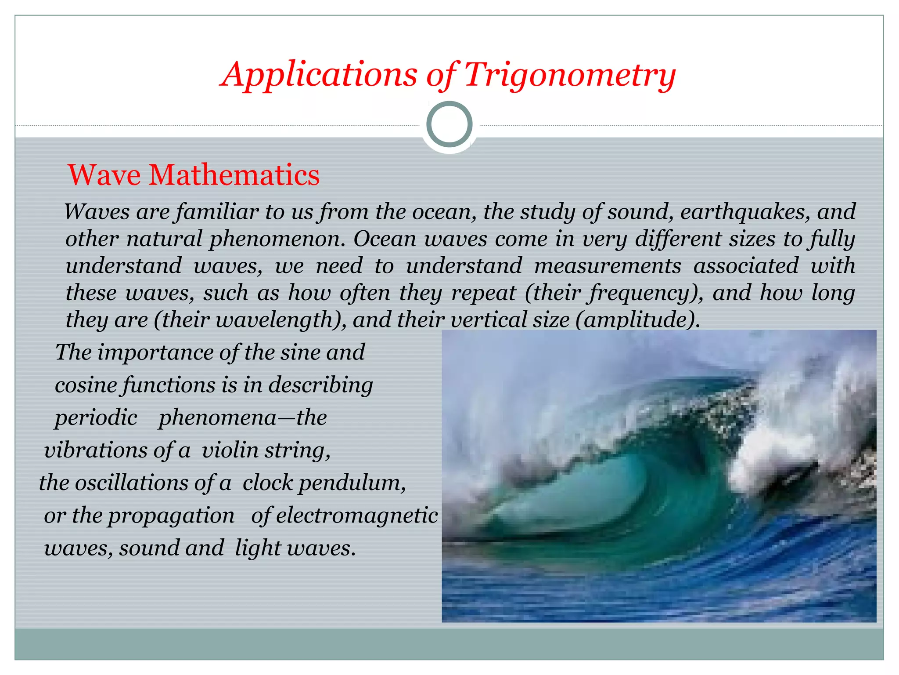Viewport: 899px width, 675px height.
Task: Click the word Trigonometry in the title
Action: coord(569,75)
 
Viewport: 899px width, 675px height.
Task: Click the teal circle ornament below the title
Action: coord(449,124)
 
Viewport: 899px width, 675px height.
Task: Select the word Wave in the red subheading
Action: coord(104,175)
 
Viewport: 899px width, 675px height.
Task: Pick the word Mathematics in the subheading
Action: coord(234,175)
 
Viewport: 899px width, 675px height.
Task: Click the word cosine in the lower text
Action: coord(86,385)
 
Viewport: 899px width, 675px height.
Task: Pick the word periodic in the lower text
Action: coord(96,418)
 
